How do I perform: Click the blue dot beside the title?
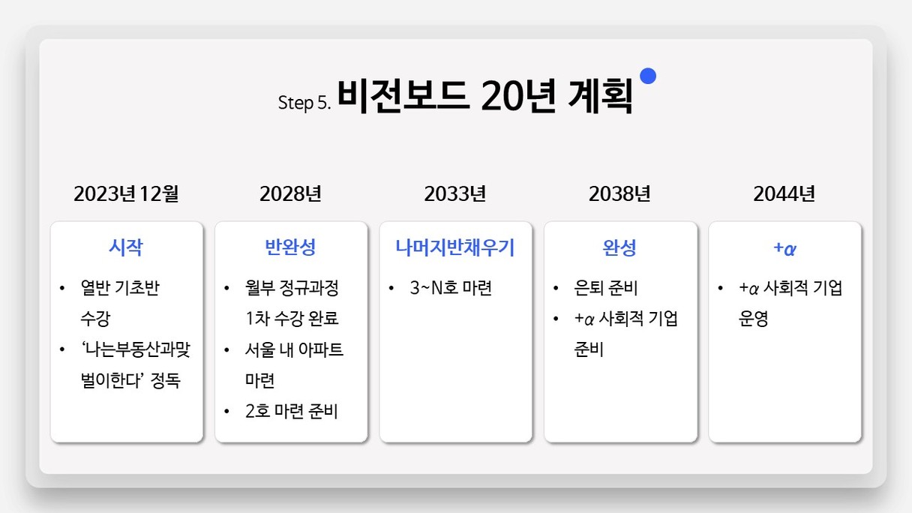tap(648, 76)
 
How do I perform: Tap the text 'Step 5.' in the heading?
tap(304, 103)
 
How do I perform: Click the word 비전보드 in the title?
tap(402, 96)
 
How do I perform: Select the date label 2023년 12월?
tap(126, 193)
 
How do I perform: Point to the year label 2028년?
tap(291, 193)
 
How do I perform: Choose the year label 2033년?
tap(455, 193)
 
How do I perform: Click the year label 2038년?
tap(619, 193)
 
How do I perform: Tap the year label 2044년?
tap(784, 193)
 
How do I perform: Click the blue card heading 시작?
tap(126, 247)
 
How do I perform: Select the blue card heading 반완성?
tap(290, 247)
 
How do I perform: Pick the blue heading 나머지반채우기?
tap(455, 247)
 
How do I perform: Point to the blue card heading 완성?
tap(619, 247)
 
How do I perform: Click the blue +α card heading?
tap(784, 248)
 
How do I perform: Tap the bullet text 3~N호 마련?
tap(451, 288)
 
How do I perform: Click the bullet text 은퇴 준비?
tap(605, 288)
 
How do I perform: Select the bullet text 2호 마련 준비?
tap(292, 411)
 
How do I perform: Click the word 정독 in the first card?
tap(165, 380)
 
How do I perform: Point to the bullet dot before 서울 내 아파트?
tap(226, 349)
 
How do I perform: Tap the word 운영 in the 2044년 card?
tap(753, 319)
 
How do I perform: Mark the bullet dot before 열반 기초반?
tap(62, 288)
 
